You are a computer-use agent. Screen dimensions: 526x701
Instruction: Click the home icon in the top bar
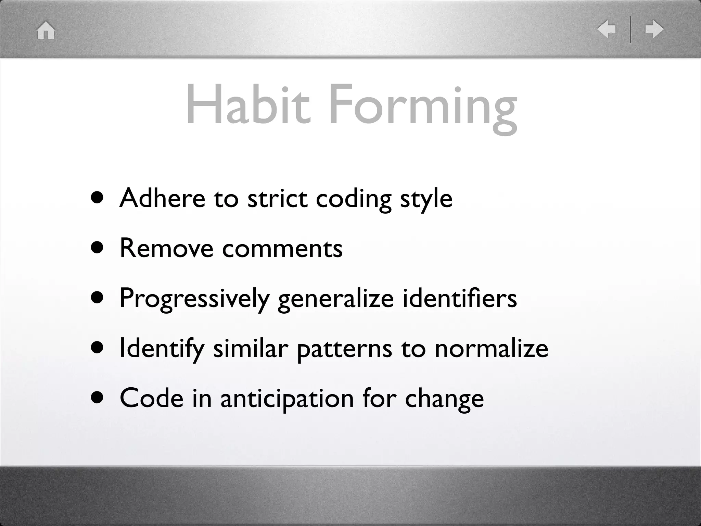click(x=46, y=30)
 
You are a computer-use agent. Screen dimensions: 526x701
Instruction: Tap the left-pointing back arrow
click(x=607, y=29)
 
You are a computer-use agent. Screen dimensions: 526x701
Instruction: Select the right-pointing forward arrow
click(x=654, y=29)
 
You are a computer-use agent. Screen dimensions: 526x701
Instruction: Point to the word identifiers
click(x=459, y=298)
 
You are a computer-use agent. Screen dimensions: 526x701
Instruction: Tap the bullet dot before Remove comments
click(x=98, y=248)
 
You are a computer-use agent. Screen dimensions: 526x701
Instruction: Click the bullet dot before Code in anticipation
click(x=98, y=398)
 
